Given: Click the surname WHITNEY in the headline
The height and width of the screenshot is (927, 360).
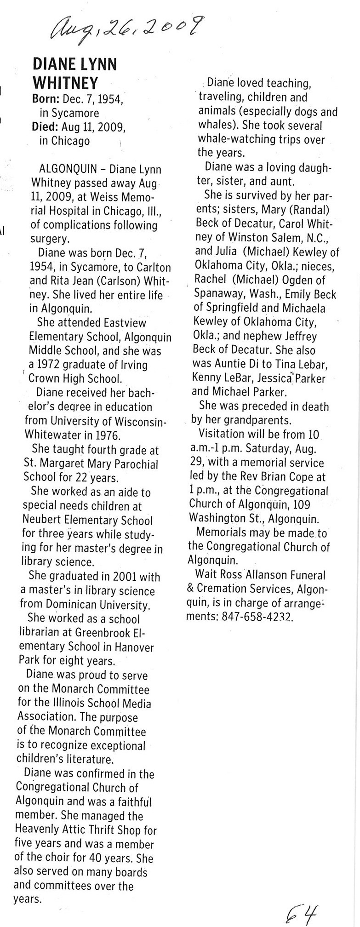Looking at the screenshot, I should coord(65,83).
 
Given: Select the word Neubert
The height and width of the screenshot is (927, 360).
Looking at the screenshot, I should coord(42,521).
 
